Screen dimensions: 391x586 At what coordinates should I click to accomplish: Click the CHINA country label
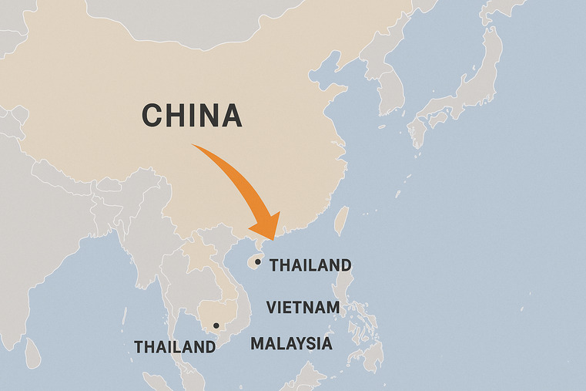tap(192, 116)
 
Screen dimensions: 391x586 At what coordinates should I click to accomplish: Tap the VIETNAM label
tap(303, 308)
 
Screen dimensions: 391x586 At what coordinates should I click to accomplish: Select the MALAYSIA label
tap(292, 344)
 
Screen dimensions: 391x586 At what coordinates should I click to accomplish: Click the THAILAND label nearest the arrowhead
tap(310, 265)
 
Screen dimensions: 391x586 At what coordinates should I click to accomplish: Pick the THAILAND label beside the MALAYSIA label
tap(175, 347)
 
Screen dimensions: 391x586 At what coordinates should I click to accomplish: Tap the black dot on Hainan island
tap(257, 262)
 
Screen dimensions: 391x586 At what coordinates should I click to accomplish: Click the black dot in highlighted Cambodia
tap(216, 325)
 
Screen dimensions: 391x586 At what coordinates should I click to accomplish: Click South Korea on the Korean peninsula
tap(392, 96)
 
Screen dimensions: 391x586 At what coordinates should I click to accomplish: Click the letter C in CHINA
tap(152, 116)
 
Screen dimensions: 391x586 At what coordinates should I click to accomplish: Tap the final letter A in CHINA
tap(231, 116)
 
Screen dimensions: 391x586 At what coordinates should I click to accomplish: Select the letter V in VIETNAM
tap(272, 308)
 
